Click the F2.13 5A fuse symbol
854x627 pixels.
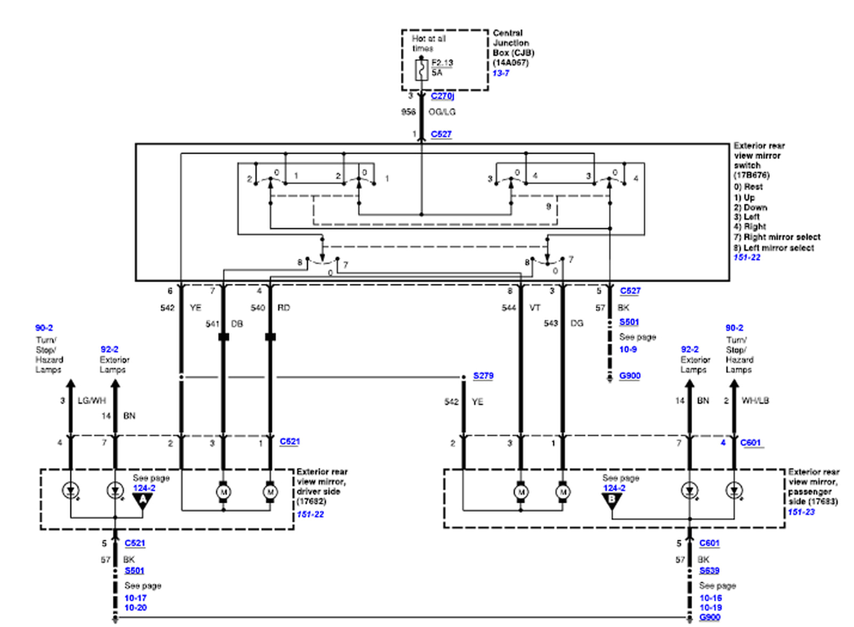point(422,70)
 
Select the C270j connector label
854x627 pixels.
point(442,96)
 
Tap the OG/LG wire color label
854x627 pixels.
point(442,112)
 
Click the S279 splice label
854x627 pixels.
point(483,376)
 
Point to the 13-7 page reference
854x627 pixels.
point(501,73)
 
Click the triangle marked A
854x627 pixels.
point(143,500)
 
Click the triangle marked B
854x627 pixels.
point(612,500)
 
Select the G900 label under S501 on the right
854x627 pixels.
point(630,376)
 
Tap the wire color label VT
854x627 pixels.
point(535,308)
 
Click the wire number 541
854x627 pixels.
point(212,324)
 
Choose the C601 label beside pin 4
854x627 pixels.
point(750,442)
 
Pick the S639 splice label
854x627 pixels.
point(709,570)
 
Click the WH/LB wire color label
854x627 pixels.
point(755,401)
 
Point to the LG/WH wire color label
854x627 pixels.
point(92,401)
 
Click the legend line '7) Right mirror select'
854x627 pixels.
point(777,237)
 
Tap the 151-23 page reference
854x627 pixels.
point(801,512)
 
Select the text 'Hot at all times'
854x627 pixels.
point(428,43)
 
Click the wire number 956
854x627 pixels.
point(408,112)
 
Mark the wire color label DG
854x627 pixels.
point(577,323)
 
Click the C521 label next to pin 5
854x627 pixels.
point(135,543)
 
